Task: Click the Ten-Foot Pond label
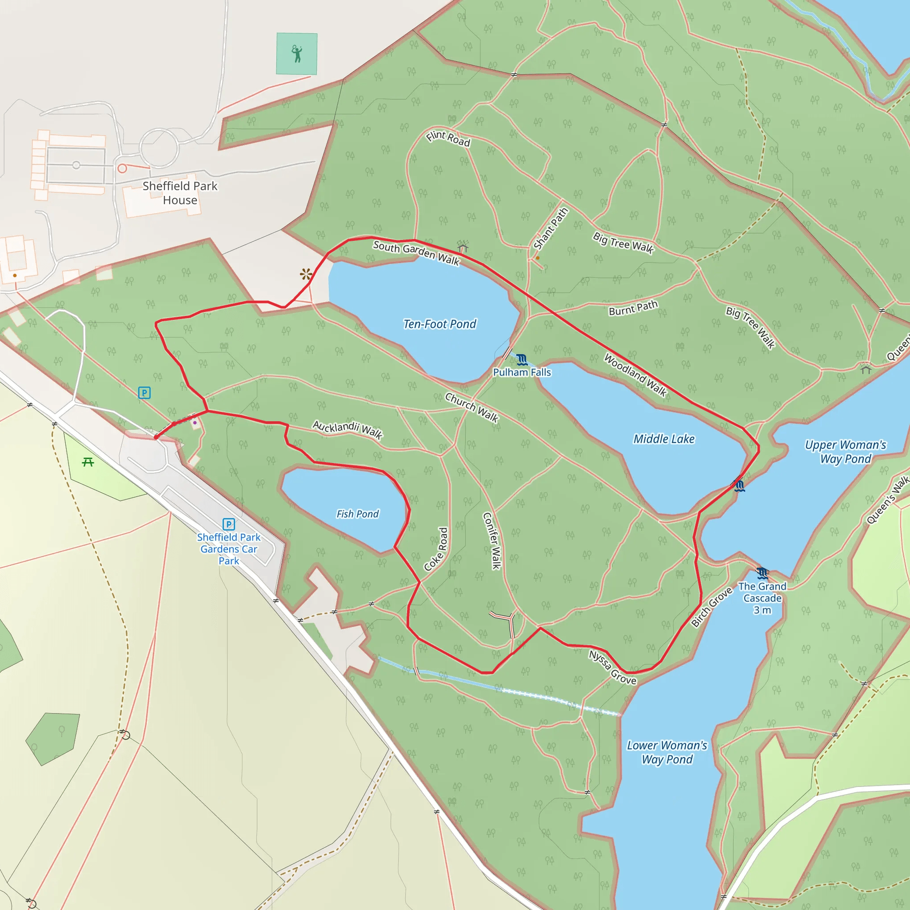pyautogui.click(x=439, y=324)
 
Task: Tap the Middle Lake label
pyautogui.click(x=664, y=439)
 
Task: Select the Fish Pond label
pyautogui.click(x=357, y=514)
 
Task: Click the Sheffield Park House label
pyautogui.click(x=180, y=193)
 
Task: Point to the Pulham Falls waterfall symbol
pyautogui.click(x=521, y=360)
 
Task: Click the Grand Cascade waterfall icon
pyautogui.click(x=762, y=573)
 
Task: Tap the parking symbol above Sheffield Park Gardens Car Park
pyautogui.click(x=228, y=524)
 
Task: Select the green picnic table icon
pyautogui.click(x=88, y=462)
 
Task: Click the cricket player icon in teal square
pyautogui.click(x=297, y=54)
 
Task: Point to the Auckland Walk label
pyautogui.click(x=347, y=429)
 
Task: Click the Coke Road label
pyautogui.click(x=436, y=549)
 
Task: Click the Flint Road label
pyautogui.click(x=448, y=139)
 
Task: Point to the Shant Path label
pyautogui.click(x=551, y=228)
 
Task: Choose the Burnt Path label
pyautogui.click(x=633, y=308)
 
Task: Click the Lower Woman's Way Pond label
pyautogui.click(x=667, y=752)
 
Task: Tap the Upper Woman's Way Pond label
pyautogui.click(x=846, y=452)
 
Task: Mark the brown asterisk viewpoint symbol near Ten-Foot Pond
pyautogui.click(x=306, y=274)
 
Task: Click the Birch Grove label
pyautogui.click(x=712, y=607)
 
